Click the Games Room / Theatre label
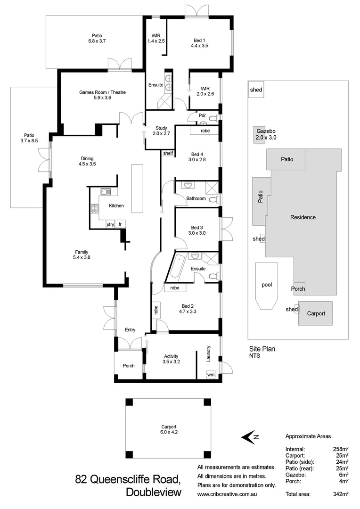pos(102,92)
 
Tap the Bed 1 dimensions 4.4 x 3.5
pos(199,46)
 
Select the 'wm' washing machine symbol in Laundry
pos(210,375)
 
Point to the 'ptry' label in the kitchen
pos(110,225)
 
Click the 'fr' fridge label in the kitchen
pos(121,225)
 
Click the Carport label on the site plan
pos(316,313)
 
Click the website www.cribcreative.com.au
pos(229,494)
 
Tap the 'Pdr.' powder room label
pos(203,115)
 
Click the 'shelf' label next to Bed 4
pos(168,153)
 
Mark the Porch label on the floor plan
pos(128,366)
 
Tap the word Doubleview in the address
pos(154,493)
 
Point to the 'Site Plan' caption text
pos(262,349)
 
